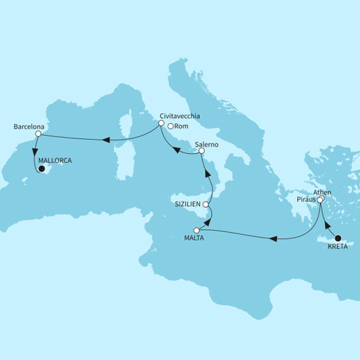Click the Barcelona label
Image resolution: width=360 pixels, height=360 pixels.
click(29, 127)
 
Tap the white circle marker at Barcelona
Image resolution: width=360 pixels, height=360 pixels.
click(39, 134)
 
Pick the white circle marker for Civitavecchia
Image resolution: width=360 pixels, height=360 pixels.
click(161, 124)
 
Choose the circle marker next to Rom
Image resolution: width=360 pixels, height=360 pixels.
click(172, 126)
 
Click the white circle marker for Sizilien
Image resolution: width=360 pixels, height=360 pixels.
click(206, 206)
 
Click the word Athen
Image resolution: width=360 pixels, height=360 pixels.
click(322, 192)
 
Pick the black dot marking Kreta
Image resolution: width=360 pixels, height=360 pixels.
click(339, 238)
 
